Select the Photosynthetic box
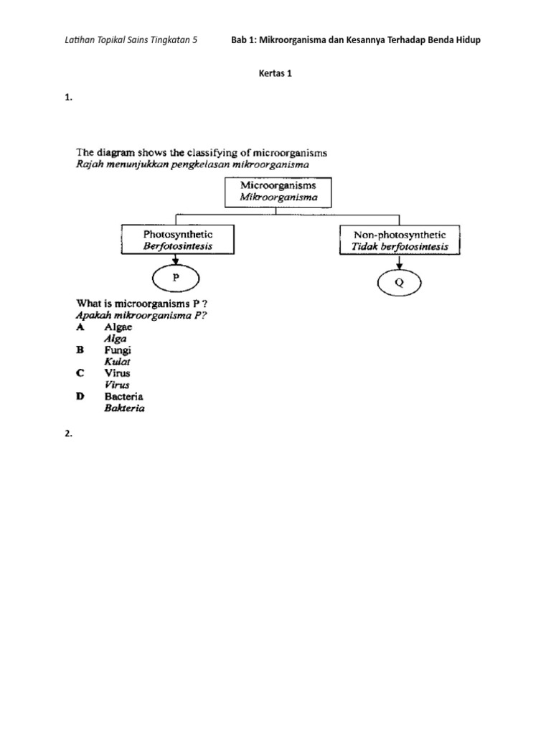tap(177, 240)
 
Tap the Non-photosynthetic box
tap(400, 240)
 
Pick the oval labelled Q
tap(400, 283)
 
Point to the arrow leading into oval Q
tap(400, 263)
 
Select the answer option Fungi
tap(118, 350)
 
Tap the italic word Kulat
tap(118, 362)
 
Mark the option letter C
tap(80, 373)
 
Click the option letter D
tap(80, 396)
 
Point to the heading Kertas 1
tap(275, 74)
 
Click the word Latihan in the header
tap(79, 40)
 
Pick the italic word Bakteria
tap(125, 408)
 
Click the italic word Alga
tap(116, 339)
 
